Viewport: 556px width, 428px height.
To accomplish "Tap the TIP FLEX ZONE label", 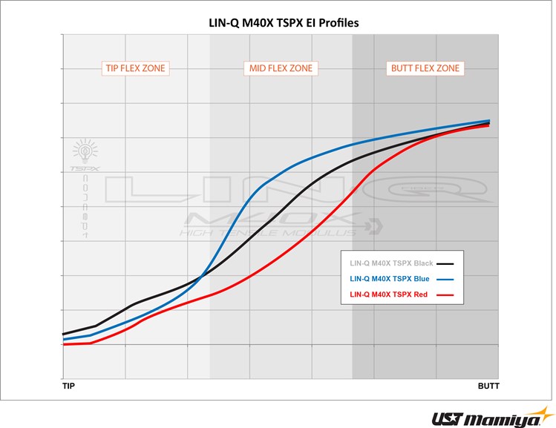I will point(134,68).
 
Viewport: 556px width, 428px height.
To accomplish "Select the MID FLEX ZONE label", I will point(280,68).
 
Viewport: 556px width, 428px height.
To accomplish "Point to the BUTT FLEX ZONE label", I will point(425,68).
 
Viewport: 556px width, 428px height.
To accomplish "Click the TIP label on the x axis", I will point(68,386).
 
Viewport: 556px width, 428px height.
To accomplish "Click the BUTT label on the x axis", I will point(488,386).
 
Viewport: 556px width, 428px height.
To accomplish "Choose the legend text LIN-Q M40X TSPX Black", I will point(391,263).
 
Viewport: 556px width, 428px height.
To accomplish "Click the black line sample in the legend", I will point(445,263).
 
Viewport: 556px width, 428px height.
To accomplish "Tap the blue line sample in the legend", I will point(445,280).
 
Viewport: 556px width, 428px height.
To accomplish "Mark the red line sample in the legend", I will point(445,295).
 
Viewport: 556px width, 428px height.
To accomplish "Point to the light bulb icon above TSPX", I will point(84,152).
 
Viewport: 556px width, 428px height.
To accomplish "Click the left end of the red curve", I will point(65,344).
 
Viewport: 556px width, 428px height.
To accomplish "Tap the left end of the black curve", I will point(65,334).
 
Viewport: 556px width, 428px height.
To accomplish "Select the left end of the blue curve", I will point(65,340).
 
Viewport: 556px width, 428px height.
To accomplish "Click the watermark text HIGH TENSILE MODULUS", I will point(267,233).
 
